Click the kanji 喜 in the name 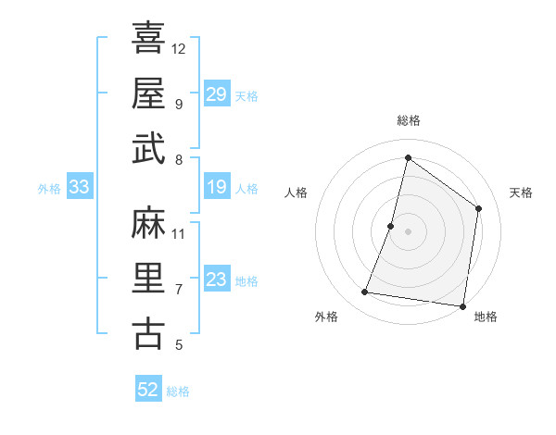point(148,38)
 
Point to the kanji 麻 point(148,223)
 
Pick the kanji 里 point(148,279)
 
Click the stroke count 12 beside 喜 point(179,48)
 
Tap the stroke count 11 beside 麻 point(179,233)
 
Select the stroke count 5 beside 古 point(179,345)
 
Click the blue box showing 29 point(216,94)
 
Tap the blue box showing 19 point(216,188)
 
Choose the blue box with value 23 point(216,280)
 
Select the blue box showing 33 point(79,188)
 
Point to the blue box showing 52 point(147,390)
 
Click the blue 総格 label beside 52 point(178,391)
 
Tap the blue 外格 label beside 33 point(49,189)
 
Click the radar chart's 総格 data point point(408,158)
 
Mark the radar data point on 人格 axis point(391,226)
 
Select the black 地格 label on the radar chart point(486,317)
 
